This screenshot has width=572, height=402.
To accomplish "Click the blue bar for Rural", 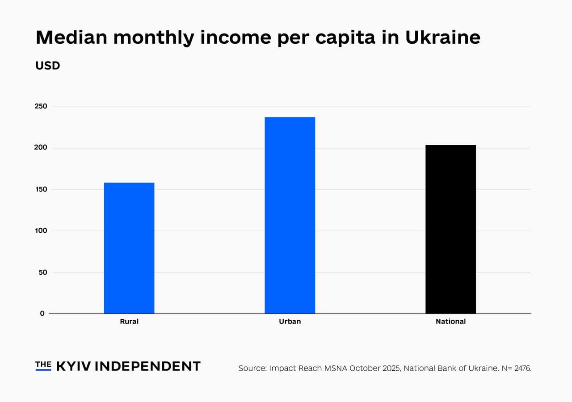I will click(x=129, y=248).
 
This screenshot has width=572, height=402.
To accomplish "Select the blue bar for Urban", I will click(x=290, y=215).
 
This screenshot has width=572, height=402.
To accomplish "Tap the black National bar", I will click(x=450, y=229).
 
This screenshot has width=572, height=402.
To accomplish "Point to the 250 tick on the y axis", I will click(x=41, y=106).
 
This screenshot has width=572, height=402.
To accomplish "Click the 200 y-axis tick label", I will click(x=41, y=148).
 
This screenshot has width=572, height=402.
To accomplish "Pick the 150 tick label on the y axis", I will click(x=41, y=189).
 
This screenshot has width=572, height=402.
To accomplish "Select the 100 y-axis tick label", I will click(x=41, y=230).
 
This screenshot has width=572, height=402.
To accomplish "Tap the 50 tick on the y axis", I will click(x=42, y=272).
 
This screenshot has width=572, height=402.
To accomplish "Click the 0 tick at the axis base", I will click(x=42, y=314).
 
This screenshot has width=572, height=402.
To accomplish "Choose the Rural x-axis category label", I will click(x=129, y=322).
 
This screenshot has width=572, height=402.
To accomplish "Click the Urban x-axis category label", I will click(x=290, y=322).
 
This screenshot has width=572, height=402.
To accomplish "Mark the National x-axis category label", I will click(x=450, y=322).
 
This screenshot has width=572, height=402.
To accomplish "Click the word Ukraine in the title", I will click(x=442, y=38).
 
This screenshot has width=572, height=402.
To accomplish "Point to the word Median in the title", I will click(x=71, y=38).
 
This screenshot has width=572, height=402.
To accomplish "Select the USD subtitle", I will click(x=47, y=66).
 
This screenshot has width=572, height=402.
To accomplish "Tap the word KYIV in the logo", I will click(x=74, y=366).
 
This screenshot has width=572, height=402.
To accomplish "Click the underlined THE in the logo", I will click(x=43, y=365).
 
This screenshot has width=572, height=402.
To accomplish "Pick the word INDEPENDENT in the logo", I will click(x=148, y=366).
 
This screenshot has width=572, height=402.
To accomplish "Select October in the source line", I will click(x=365, y=368).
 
